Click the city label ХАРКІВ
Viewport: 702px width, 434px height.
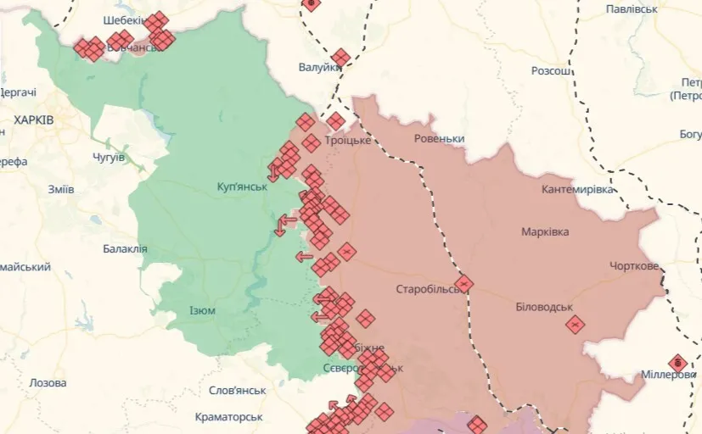(34, 120)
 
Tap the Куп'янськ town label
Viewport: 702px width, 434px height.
(242, 186)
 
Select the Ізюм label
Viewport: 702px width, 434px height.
(202, 310)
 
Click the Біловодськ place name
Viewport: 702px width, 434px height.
(544, 307)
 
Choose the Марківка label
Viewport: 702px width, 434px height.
(545, 231)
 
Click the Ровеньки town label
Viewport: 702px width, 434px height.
(440, 138)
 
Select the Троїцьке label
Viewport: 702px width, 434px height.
(348, 140)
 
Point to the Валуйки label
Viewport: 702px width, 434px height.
(319, 67)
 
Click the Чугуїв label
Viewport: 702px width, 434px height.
(108, 158)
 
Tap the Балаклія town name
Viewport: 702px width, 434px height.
(125, 248)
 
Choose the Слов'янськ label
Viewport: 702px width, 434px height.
(238, 391)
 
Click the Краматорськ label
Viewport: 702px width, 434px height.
(228, 417)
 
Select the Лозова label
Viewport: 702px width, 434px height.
(48, 383)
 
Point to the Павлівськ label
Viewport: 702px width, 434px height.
(632, 8)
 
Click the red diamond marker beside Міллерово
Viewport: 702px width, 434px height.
(677, 363)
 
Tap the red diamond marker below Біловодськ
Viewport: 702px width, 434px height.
(576, 324)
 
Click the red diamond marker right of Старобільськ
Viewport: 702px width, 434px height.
(463, 283)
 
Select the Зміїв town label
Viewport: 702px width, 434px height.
(61, 189)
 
